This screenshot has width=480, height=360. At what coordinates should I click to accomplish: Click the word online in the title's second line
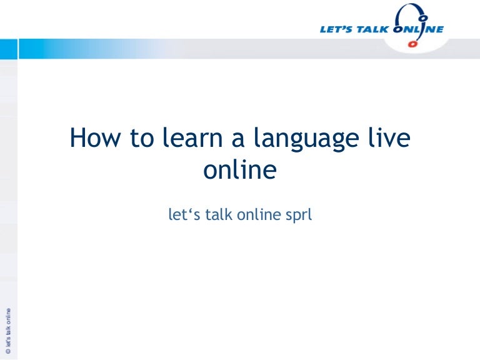240,169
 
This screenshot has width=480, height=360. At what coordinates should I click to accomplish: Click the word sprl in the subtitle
297,216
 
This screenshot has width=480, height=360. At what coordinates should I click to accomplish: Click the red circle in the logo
411,45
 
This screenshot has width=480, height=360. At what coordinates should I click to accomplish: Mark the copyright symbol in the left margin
8,352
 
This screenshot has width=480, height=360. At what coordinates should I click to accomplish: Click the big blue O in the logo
401,29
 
